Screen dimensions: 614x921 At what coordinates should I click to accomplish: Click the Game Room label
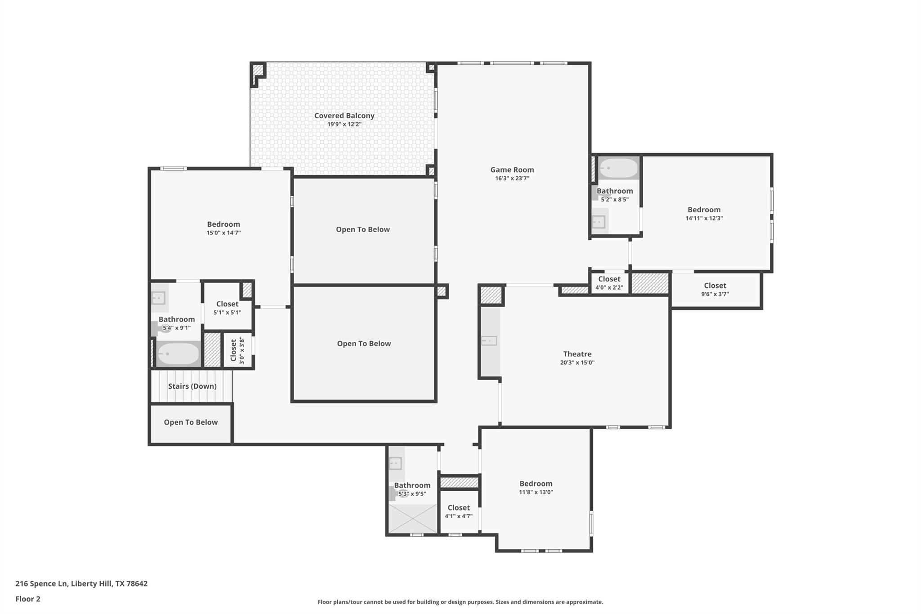click(512, 170)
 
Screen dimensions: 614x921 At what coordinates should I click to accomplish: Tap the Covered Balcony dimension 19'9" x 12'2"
click(344, 124)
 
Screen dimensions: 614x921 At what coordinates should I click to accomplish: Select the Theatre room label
click(577, 354)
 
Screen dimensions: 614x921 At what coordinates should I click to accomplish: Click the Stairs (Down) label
click(192, 386)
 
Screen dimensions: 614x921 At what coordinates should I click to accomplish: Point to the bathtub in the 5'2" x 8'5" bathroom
click(619, 169)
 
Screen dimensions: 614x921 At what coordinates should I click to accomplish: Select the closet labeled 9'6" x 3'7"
click(715, 289)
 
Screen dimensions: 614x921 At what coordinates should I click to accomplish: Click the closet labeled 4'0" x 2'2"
click(609, 283)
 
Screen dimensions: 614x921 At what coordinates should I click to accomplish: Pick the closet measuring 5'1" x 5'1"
click(227, 308)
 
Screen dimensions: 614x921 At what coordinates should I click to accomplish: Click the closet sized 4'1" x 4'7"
click(458, 511)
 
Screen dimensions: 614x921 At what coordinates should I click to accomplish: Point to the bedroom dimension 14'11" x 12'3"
click(704, 218)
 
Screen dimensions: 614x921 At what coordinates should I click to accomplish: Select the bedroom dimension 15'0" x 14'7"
click(224, 233)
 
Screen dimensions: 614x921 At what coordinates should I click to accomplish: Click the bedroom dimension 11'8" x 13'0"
click(536, 492)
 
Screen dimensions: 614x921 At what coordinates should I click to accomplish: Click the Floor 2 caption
click(28, 599)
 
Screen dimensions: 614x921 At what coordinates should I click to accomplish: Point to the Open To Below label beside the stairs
click(191, 422)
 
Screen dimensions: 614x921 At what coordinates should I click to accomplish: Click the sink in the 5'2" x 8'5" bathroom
click(599, 221)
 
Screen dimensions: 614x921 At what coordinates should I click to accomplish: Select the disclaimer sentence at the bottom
click(460, 602)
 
